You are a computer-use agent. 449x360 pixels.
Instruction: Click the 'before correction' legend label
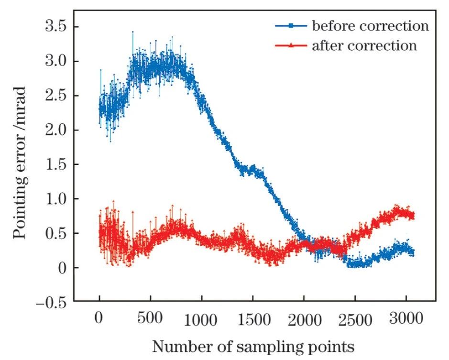[x=370, y=26]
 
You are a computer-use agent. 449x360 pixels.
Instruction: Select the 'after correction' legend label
[x=364, y=46]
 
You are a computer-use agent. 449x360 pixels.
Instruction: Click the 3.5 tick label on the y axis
[x=55, y=27]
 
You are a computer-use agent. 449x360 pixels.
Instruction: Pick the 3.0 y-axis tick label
[x=55, y=61]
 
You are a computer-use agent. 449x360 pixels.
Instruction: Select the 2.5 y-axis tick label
[x=55, y=96]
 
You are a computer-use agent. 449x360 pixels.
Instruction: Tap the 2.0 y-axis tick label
[x=55, y=130]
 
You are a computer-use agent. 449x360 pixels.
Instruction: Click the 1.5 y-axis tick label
[x=55, y=164]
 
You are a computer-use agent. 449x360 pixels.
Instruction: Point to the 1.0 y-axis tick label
[x=55, y=199]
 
